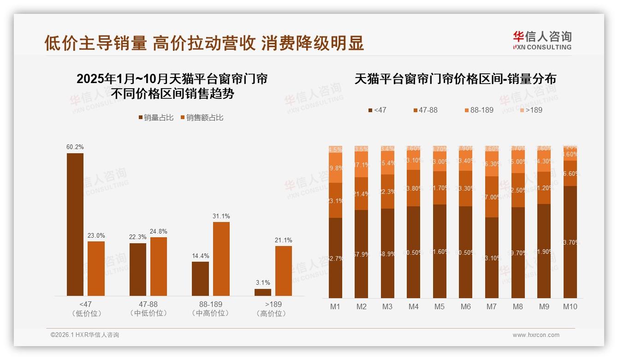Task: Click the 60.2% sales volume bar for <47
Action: click(75, 224)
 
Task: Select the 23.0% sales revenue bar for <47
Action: click(96, 268)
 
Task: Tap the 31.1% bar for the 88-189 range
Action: click(221, 258)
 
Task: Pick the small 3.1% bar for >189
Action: click(263, 292)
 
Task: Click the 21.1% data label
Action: click(283, 240)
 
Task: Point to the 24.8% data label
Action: click(159, 231)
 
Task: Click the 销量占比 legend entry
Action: click(156, 118)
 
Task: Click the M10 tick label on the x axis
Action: click(570, 306)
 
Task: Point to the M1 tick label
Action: click(335, 306)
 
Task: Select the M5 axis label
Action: click(440, 306)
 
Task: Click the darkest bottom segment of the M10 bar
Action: click(570, 242)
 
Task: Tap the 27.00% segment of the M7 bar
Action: click(492, 197)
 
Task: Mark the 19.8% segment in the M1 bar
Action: click(335, 168)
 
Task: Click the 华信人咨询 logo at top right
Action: click(542, 40)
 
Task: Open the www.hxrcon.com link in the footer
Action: click(536, 335)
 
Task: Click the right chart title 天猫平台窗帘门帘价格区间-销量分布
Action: click(455, 79)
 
